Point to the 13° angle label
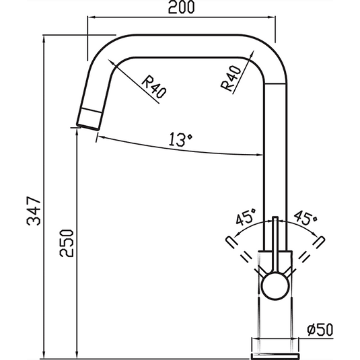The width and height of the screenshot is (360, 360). [x=181, y=140]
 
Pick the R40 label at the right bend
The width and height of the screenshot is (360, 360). [x=231, y=80]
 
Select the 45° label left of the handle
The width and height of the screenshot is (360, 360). [x=246, y=217]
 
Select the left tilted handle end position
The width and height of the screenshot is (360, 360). [x=228, y=240]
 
